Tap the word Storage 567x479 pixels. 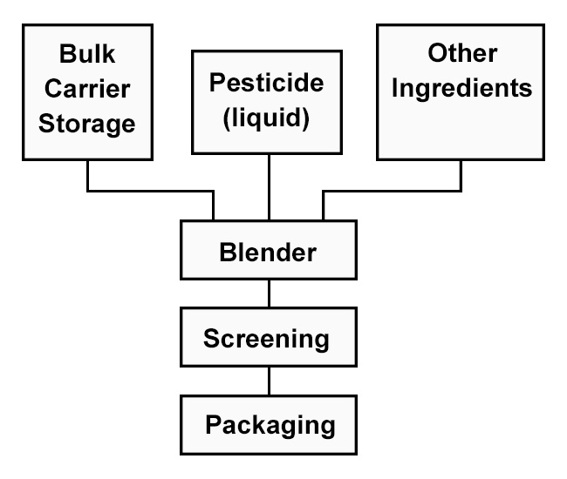(x=87, y=123)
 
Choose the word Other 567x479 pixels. (x=461, y=53)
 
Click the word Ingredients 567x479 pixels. (x=461, y=87)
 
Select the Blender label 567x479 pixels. (x=268, y=253)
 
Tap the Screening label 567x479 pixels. (x=267, y=338)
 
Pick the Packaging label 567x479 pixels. (x=270, y=425)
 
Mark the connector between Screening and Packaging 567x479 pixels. (x=269, y=381)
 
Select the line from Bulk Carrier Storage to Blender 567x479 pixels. (x=148, y=191)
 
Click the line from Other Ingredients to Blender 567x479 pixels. (x=393, y=191)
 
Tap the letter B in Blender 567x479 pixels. (x=226, y=253)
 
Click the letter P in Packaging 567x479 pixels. (x=212, y=425)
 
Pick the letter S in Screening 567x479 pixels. (x=210, y=338)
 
